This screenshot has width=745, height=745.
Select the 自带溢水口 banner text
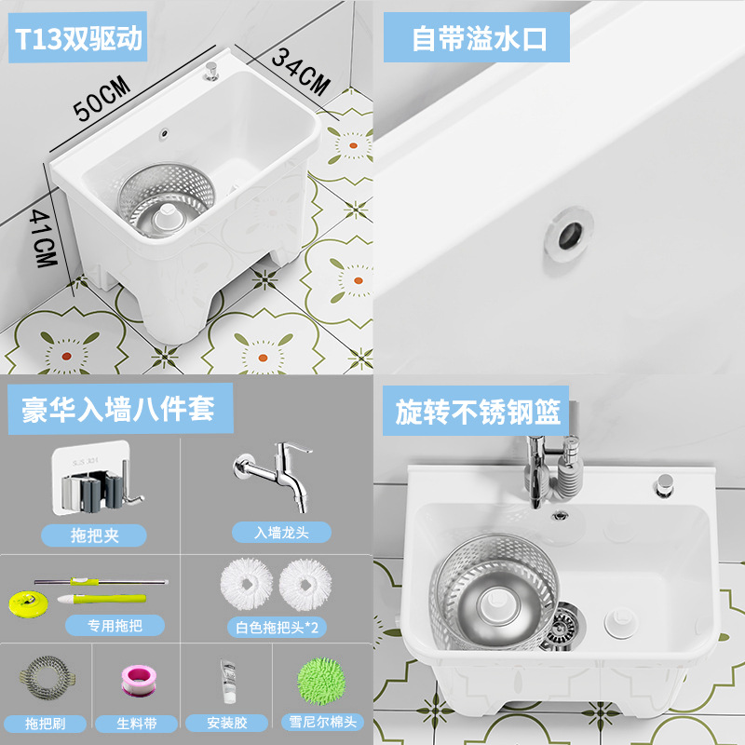(477, 40)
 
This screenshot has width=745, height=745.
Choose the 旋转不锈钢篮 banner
(475, 412)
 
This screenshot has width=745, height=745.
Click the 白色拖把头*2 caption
(276, 627)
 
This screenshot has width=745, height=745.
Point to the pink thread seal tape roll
(136, 678)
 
